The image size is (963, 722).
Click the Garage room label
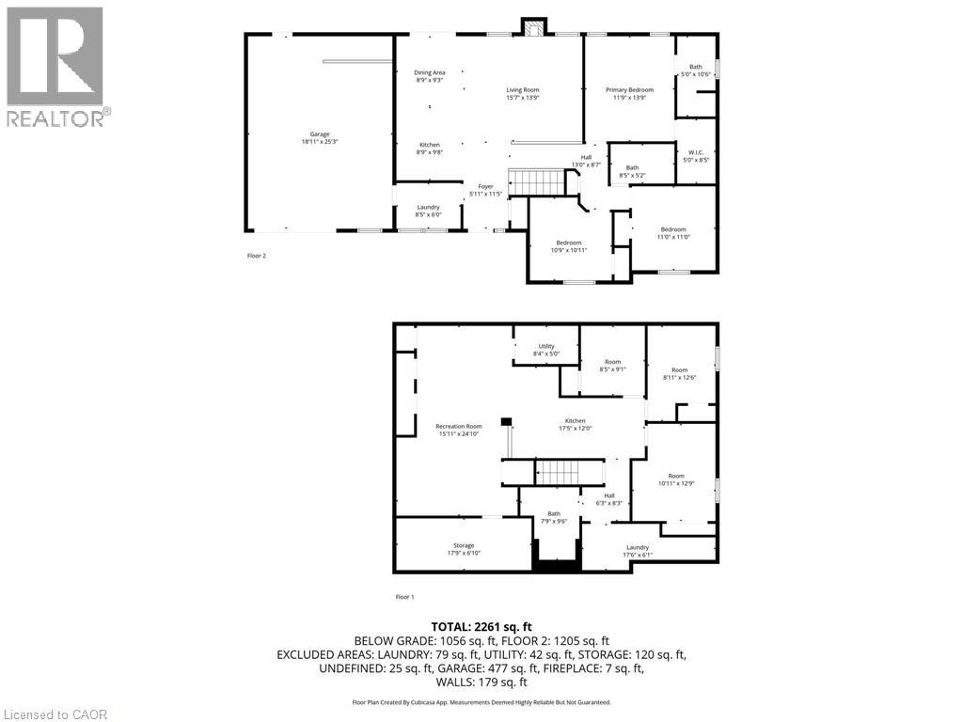(321, 138)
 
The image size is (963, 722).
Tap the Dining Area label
(430, 76)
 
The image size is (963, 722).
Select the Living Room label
(523, 93)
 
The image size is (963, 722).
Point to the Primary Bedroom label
(629, 93)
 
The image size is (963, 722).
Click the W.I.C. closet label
(696, 156)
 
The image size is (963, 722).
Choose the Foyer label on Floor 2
(486, 190)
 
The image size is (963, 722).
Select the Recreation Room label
(459, 430)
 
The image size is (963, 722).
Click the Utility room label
(546, 350)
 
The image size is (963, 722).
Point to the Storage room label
(464, 549)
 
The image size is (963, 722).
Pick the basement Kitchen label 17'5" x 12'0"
(575, 424)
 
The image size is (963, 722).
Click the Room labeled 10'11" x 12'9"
(676, 479)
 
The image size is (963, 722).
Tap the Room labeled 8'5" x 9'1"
(612, 366)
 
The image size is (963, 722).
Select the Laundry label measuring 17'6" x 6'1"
(638, 551)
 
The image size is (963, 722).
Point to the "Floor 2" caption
(257, 255)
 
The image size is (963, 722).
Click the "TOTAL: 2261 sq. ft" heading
(481, 626)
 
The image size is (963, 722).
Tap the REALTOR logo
(56, 66)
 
